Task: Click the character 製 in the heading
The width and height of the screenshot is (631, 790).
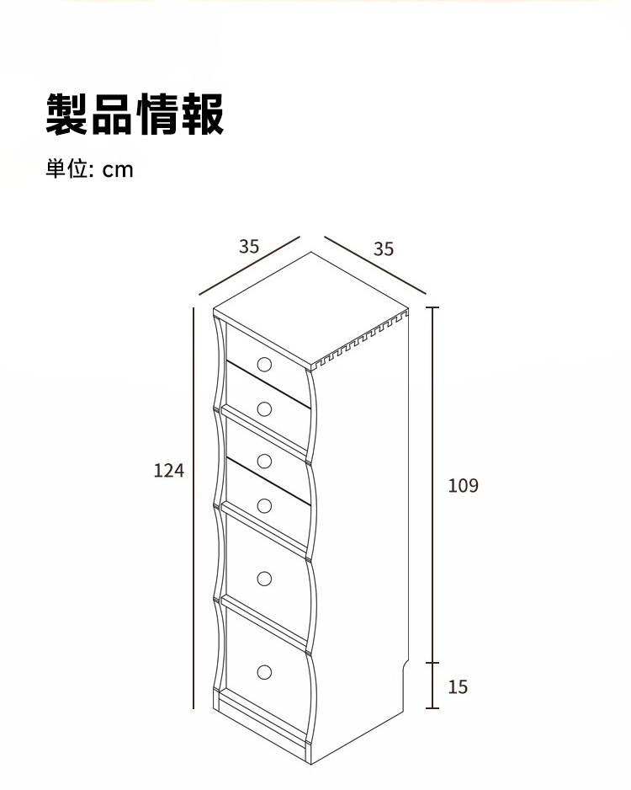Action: point(67,114)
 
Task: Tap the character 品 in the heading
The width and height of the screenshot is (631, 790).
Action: point(113,114)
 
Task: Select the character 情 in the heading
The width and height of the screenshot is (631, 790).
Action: point(158,114)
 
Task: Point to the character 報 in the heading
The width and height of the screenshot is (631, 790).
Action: point(202,114)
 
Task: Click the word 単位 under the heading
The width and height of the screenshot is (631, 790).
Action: point(67,168)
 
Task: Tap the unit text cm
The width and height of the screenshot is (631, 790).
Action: point(118,170)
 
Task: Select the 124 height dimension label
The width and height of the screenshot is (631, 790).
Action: point(168,471)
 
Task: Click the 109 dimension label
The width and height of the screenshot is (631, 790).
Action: point(463,486)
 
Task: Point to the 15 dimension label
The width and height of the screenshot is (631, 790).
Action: point(458,687)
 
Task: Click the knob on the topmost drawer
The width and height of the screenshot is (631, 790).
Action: point(264,364)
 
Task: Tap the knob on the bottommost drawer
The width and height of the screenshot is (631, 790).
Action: point(264,671)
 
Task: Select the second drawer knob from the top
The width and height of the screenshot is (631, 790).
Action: point(264,408)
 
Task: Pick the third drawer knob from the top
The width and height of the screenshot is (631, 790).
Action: point(264,461)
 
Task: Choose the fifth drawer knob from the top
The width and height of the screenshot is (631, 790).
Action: point(264,579)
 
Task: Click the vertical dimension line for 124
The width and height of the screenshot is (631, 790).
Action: point(194,508)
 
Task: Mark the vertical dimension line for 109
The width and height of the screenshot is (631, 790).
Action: point(432,485)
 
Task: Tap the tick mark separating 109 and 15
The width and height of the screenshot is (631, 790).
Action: point(432,663)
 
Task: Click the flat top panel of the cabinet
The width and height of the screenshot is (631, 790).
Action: point(311,307)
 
